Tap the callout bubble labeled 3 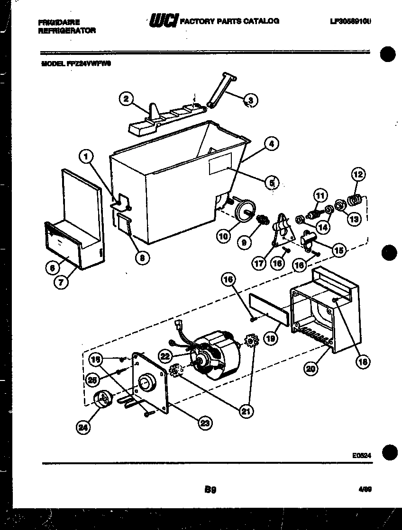coord(250,100)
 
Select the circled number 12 coord(358,174)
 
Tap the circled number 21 coord(246,412)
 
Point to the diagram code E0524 coord(361,455)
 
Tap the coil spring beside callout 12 coord(355,201)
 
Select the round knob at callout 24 coord(102,399)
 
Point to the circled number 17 coord(259,264)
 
